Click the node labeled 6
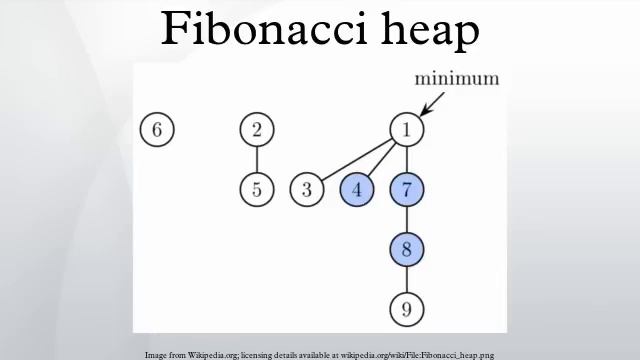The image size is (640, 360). pos(156,130)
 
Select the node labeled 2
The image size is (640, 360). pos(257,130)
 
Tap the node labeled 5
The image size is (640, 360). pos(257,189)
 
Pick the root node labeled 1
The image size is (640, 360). pos(406,130)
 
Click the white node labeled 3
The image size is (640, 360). pos(307,189)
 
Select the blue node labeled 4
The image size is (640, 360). pos(357,189)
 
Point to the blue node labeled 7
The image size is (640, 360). pos(406,189)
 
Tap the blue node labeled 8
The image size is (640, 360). pos(406,249)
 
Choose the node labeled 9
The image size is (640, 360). pos(406,309)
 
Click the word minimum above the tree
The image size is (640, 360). pos(458,79)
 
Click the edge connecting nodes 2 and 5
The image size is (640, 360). pos(257,160)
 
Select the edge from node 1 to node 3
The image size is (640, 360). pos(356,160)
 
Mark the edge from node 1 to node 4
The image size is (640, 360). pos(381,160)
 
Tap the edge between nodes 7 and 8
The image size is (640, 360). pos(406,219)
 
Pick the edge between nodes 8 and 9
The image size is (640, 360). pos(406,279)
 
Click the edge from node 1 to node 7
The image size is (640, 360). pos(406,160)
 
